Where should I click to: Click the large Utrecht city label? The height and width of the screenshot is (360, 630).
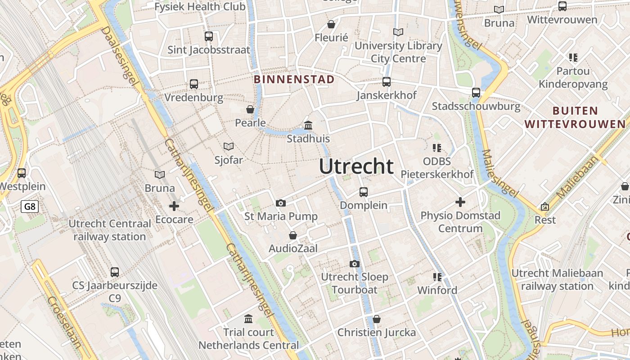[356, 166]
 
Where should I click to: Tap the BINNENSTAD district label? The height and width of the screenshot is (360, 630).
[294, 80]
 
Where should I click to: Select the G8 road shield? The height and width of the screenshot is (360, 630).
[30, 207]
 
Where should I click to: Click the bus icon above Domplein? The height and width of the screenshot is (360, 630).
[364, 192]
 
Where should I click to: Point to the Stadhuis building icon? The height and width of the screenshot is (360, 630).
[308, 125]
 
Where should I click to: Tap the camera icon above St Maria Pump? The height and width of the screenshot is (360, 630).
[280, 203]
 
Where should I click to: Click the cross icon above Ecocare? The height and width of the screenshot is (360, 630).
[174, 207]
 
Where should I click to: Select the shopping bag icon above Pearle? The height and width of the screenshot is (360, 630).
[250, 109]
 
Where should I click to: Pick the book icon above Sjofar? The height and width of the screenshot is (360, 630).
[229, 146]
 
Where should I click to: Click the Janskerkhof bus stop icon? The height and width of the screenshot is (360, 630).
[387, 82]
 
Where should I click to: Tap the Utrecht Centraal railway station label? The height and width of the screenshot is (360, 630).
[110, 230]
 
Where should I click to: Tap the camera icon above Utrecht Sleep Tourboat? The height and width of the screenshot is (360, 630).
[355, 264]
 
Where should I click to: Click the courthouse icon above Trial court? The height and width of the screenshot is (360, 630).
[248, 319]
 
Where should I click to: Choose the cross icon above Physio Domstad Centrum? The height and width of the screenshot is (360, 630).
[460, 202]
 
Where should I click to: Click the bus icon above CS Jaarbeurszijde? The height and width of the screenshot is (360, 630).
[115, 272]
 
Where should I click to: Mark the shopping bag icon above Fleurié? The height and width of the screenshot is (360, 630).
[331, 24]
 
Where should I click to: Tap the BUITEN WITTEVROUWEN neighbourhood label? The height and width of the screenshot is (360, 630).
[575, 117]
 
